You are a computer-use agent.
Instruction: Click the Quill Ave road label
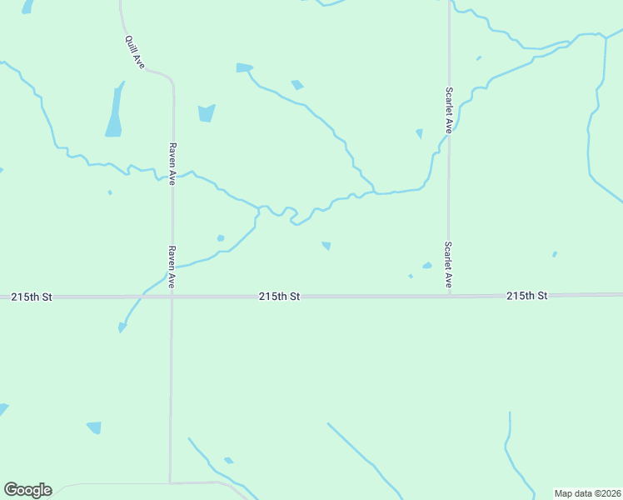tap(135, 51)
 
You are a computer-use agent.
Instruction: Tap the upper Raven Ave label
tap(172, 162)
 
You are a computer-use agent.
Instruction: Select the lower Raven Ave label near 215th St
tap(172, 267)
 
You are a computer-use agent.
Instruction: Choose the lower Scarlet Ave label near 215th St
tap(448, 265)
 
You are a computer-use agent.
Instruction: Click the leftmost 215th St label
tap(32, 297)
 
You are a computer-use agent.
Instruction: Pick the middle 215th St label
tap(278, 296)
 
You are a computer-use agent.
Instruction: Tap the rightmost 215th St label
tap(526, 296)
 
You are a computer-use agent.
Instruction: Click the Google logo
tap(27, 490)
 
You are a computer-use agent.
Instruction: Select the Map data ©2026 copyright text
tap(587, 493)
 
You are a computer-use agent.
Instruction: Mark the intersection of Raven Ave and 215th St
tap(172, 296)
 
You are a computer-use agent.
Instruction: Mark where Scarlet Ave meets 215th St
tap(449, 295)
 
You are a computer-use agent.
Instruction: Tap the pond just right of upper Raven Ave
tap(207, 112)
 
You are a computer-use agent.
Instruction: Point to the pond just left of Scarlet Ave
tap(420, 133)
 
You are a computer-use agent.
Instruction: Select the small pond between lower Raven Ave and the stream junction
tap(221, 238)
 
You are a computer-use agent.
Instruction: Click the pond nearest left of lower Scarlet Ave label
tap(426, 266)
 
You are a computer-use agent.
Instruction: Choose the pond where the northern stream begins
tap(244, 67)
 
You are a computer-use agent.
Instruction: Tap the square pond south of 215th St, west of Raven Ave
tap(94, 427)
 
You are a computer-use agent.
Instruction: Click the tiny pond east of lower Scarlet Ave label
tap(555, 254)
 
